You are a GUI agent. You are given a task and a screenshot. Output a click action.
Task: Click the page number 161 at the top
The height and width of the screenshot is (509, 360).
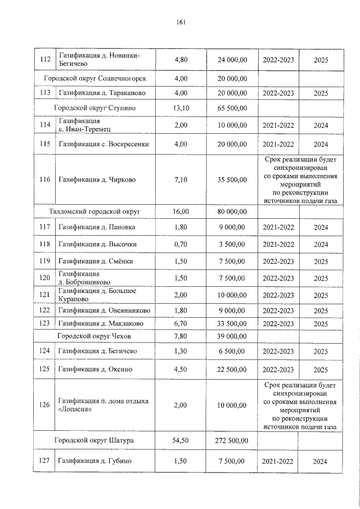[x=180, y=22]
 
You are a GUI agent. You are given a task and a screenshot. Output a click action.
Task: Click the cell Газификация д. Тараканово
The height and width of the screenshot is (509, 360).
[x=99, y=93]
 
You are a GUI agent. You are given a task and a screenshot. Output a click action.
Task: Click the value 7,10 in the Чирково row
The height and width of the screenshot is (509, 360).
[x=181, y=180]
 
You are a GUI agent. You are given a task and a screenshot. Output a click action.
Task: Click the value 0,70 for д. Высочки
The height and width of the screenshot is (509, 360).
[x=181, y=245]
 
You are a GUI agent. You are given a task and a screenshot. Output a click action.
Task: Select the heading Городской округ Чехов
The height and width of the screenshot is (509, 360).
[x=94, y=336]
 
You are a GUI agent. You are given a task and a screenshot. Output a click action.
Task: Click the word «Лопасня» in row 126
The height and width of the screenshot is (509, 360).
[x=74, y=409]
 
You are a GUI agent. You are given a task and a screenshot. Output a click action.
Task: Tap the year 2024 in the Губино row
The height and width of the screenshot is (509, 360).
[x=321, y=462]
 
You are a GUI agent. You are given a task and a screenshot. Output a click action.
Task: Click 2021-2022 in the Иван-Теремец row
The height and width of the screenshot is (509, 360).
[x=278, y=125]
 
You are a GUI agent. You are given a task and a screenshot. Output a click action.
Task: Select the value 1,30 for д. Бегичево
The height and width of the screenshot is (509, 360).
[x=181, y=352]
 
